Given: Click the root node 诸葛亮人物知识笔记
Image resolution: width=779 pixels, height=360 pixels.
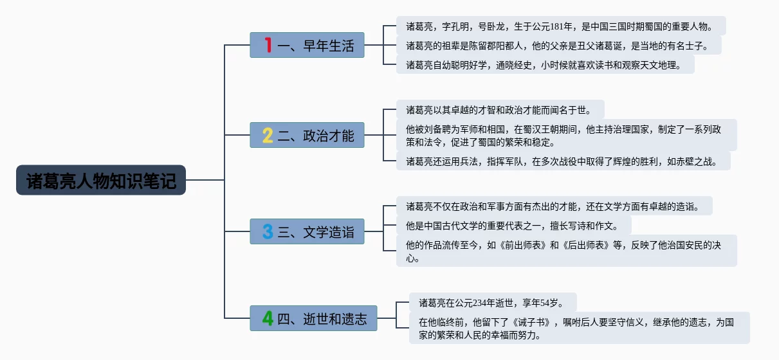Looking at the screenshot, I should (101, 180).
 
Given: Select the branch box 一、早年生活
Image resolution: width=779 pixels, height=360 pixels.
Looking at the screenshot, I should (307, 45).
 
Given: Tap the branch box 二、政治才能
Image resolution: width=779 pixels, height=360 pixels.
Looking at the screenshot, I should (307, 135).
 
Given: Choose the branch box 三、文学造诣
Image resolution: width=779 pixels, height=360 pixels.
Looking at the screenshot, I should (307, 231).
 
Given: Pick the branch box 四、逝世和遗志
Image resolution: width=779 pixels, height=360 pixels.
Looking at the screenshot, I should (313, 318).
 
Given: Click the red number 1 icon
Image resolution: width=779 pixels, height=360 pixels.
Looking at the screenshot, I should (268, 45).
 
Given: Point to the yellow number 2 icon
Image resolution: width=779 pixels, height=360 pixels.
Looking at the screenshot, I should (268, 135).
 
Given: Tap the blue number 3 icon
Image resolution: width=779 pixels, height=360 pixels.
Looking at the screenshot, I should (268, 231).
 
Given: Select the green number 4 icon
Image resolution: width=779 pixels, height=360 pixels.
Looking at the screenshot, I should (268, 318).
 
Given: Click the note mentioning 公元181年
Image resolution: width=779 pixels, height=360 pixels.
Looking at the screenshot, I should (560, 26).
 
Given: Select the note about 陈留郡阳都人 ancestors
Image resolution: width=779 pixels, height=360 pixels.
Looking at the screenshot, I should (558, 46).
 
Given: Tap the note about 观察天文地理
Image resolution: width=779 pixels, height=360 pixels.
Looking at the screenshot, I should (545, 65).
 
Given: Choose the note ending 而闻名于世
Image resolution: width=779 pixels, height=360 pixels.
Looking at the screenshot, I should (500, 109).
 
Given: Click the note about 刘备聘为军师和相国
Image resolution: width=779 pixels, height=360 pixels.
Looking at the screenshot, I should (566, 135).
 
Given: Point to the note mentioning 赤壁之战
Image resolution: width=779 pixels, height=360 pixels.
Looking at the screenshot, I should (563, 161).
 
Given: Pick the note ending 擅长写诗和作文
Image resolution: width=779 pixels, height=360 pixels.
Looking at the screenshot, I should (513, 226).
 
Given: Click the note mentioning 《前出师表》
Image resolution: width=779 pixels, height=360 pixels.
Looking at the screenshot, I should (566, 251).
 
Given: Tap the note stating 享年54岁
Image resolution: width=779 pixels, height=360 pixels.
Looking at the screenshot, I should (493, 302).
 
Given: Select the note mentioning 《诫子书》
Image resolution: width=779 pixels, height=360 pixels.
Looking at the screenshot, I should (579, 328).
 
